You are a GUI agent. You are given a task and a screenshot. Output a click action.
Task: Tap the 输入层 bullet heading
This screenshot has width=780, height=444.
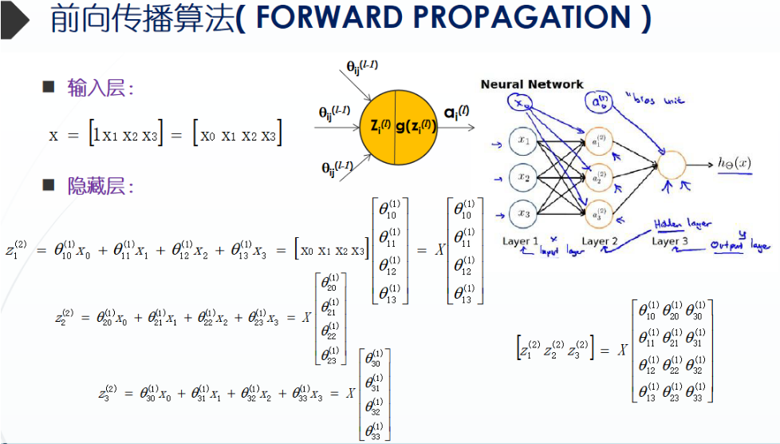(x=100, y=88)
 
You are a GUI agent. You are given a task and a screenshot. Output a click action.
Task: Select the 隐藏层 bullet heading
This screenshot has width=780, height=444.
(x=100, y=186)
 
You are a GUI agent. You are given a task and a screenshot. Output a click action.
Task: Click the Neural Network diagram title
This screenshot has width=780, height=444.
(x=532, y=84)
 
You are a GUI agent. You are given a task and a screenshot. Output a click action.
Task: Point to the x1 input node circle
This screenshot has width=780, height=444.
(x=524, y=141)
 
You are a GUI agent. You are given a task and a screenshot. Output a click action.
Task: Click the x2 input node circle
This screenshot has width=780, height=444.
(x=524, y=177)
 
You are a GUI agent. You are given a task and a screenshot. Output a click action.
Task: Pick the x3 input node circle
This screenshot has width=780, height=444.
(x=524, y=213)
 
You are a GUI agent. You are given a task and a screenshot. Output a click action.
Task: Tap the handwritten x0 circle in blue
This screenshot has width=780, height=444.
(x=521, y=104)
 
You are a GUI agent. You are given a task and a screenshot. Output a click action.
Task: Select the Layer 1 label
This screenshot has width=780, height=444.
(x=521, y=240)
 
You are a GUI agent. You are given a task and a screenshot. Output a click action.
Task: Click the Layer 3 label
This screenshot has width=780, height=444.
(x=670, y=240)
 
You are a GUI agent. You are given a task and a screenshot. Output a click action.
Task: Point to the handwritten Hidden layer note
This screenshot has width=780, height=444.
(x=683, y=225)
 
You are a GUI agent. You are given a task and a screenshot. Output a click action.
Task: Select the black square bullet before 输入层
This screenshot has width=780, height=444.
(x=49, y=86)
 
